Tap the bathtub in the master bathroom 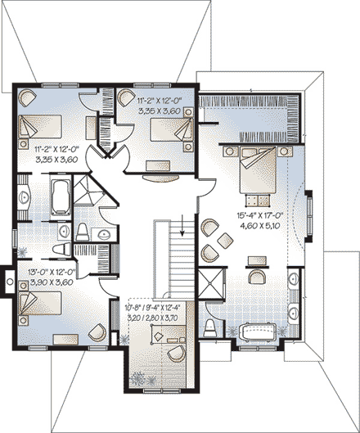(x=259, y=334)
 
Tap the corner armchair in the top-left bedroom (x=27, y=97)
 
